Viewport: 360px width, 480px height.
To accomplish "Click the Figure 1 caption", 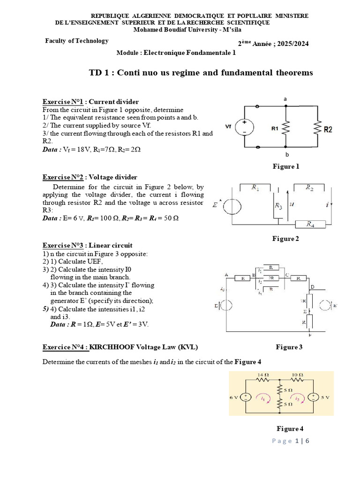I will (285, 166).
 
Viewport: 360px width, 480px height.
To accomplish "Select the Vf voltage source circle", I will (243, 127).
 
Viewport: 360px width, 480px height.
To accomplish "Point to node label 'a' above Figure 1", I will (285, 99).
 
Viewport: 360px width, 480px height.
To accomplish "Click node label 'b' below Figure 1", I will (285, 154).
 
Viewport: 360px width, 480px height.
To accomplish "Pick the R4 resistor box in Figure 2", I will (309, 225).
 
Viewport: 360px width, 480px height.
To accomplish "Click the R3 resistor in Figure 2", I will (278, 206).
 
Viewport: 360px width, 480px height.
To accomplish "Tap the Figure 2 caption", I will (285, 239).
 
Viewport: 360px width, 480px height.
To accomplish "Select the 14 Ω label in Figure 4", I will (262, 375).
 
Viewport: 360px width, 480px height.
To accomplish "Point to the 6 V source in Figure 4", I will (245, 397).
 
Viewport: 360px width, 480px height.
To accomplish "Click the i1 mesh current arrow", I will (263, 398).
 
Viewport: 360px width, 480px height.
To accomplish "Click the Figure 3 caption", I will (289, 347).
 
